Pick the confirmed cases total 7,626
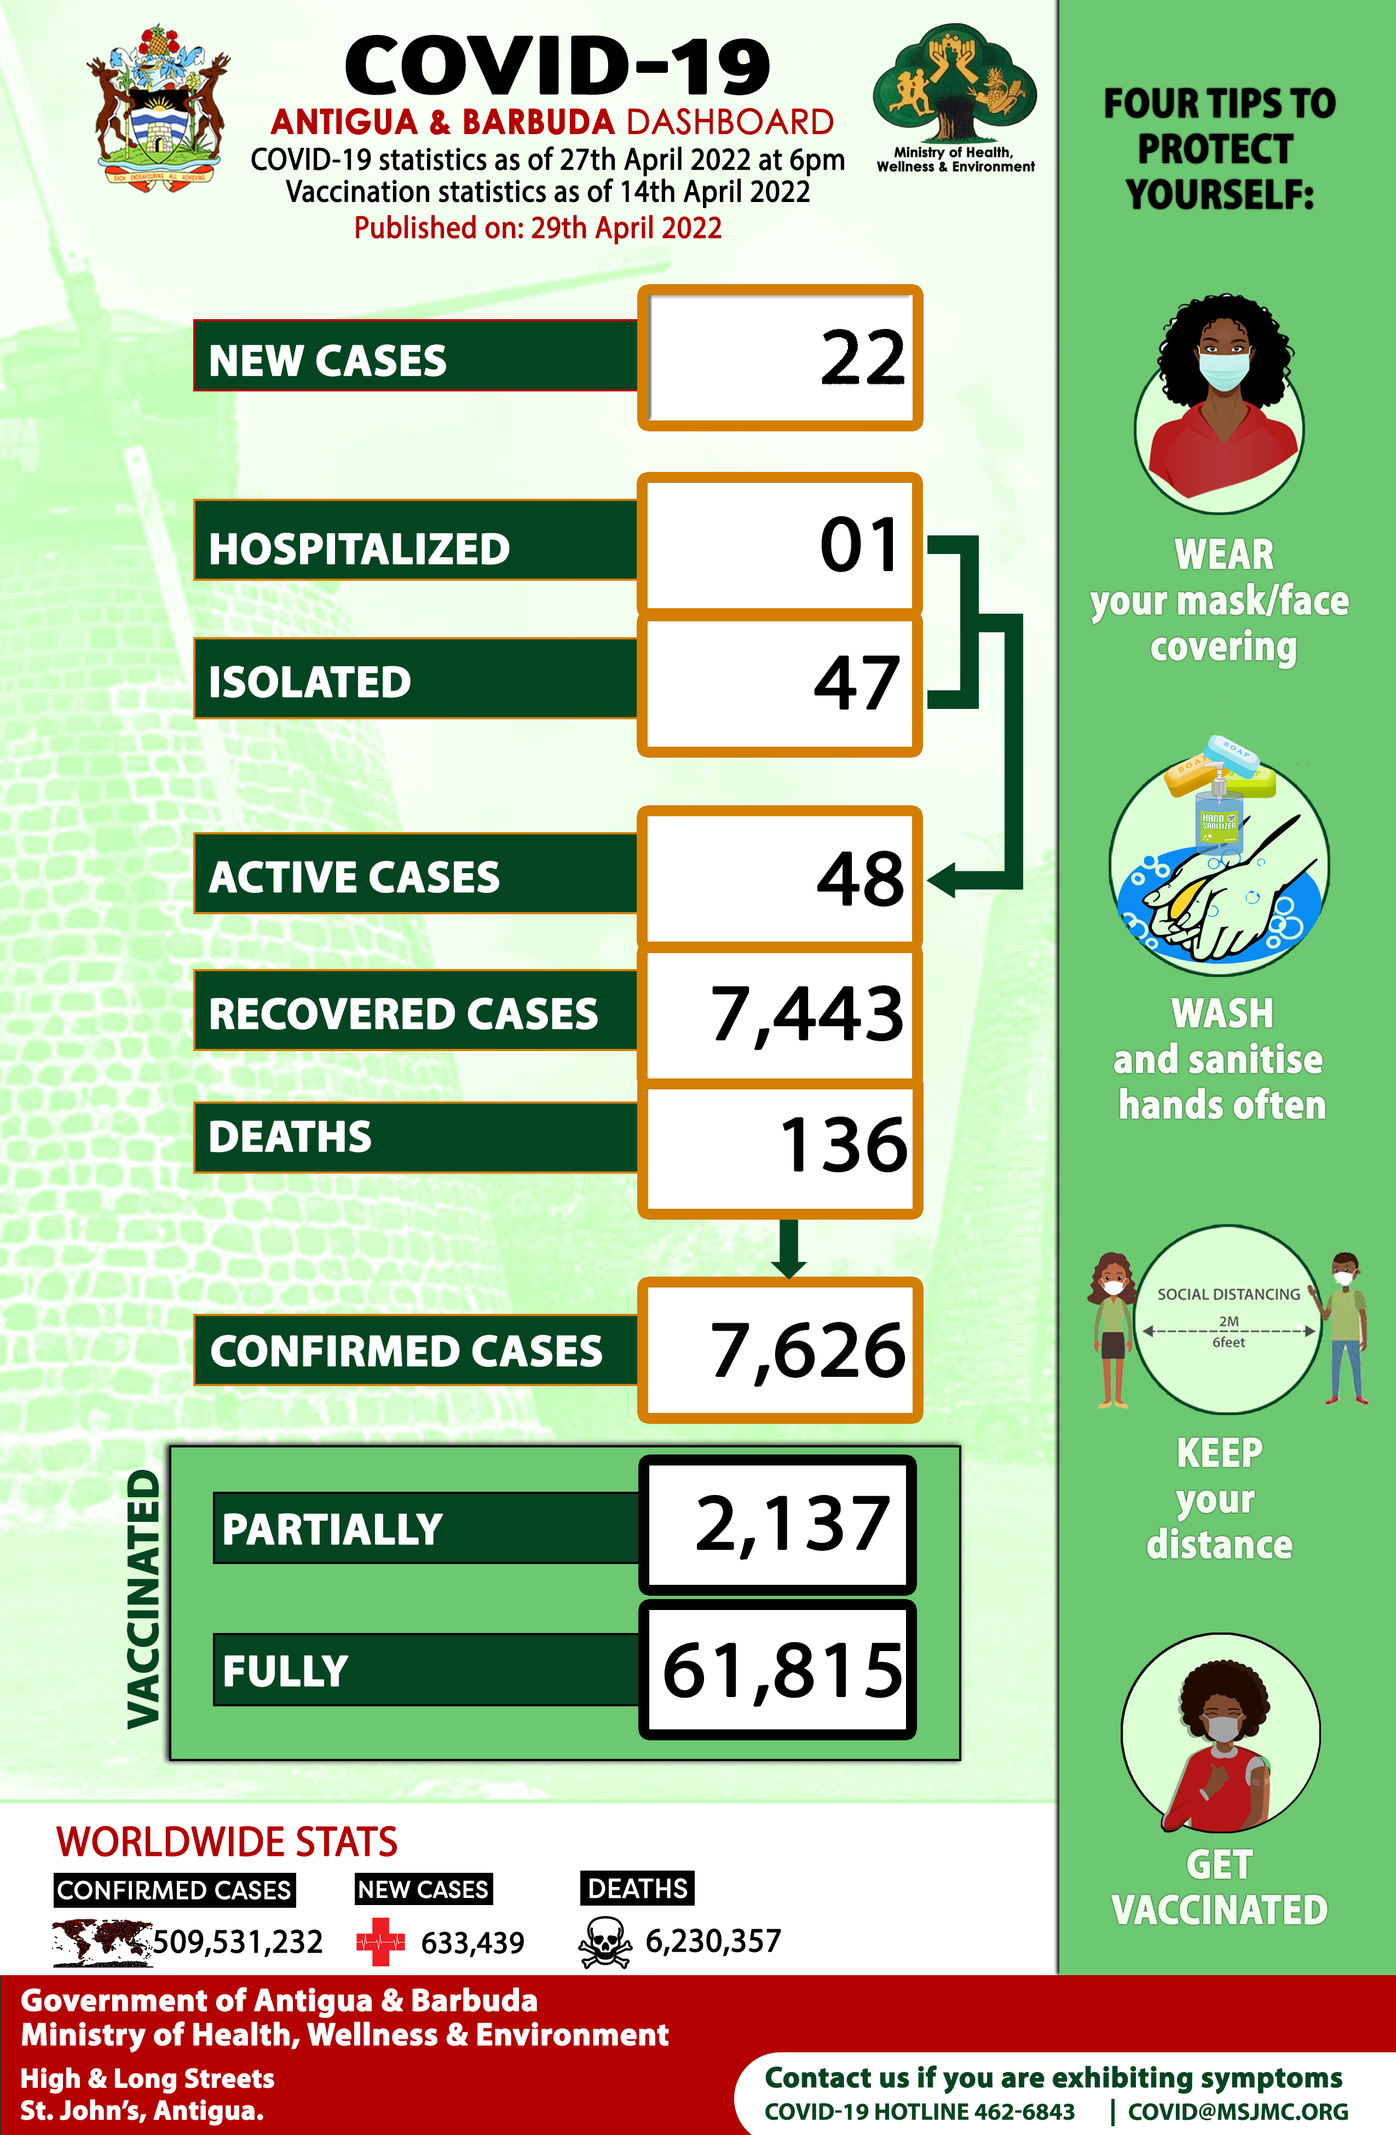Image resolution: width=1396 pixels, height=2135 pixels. pyautogui.click(x=807, y=1351)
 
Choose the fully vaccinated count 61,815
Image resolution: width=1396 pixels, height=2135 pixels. pyautogui.click(x=782, y=1670)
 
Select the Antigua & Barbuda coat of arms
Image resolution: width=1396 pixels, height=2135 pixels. pyautogui.click(x=159, y=106)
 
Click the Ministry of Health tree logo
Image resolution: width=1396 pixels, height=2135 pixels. pyautogui.click(x=955, y=86)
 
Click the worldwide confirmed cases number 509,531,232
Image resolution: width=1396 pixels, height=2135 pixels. pyautogui.click(x=238, y=1942)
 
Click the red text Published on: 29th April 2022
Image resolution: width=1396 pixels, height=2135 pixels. pyautogui.click(x=538, y=228)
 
